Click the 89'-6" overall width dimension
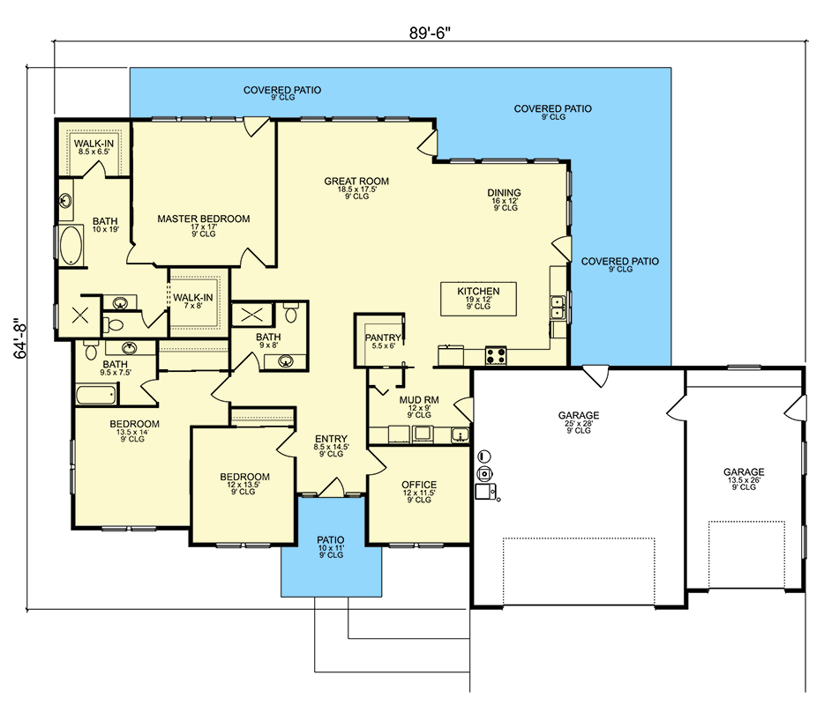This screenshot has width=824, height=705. [x=430, y=33]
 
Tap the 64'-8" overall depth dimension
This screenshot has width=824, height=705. [x=20, y=338]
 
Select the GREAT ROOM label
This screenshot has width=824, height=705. [x=356, y=182]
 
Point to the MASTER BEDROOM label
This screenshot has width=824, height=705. [x=204, y=219]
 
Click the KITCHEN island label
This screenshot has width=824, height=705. [x=478, y=292]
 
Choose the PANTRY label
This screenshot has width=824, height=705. [x=383, y=338]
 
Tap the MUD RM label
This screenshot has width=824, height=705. [x=419, y=400]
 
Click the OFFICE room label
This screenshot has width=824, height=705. [x=419, y=485]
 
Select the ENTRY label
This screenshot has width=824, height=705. [x=331, y=439]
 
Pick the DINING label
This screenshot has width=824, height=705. [x=504, y=193]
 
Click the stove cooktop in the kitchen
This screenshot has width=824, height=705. [x=496, y=355]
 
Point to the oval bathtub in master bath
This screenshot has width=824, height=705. [x=71, y=245]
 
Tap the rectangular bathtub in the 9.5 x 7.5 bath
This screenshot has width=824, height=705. [x=96, y=394]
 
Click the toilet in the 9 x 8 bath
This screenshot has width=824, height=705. [x=290, y=314]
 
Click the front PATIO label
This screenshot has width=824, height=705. [x=331, y=539]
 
